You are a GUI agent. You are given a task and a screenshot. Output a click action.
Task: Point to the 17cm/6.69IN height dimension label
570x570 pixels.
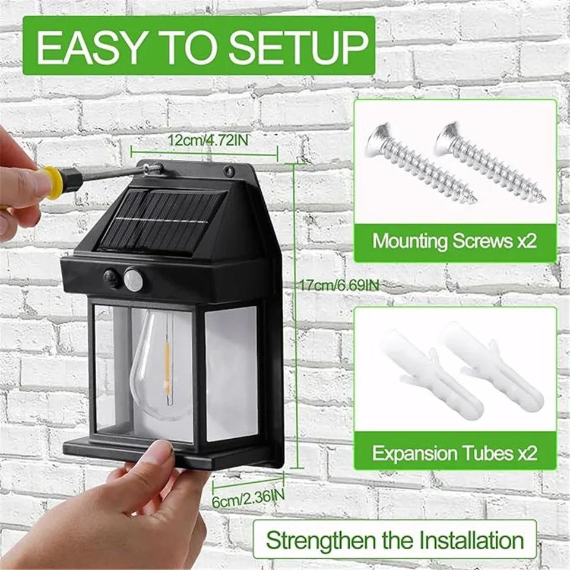coord(339,286)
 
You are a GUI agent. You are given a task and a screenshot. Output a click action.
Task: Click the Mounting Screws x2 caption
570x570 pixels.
coord(455,242)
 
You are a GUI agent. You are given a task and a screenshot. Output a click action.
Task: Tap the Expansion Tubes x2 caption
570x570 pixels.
coord(455,454)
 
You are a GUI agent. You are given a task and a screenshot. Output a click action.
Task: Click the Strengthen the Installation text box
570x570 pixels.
coord(395,540)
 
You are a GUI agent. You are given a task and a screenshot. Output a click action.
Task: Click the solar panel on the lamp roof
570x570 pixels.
coord(160,221)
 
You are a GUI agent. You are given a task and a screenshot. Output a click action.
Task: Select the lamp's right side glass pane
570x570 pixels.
coord(232,374)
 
